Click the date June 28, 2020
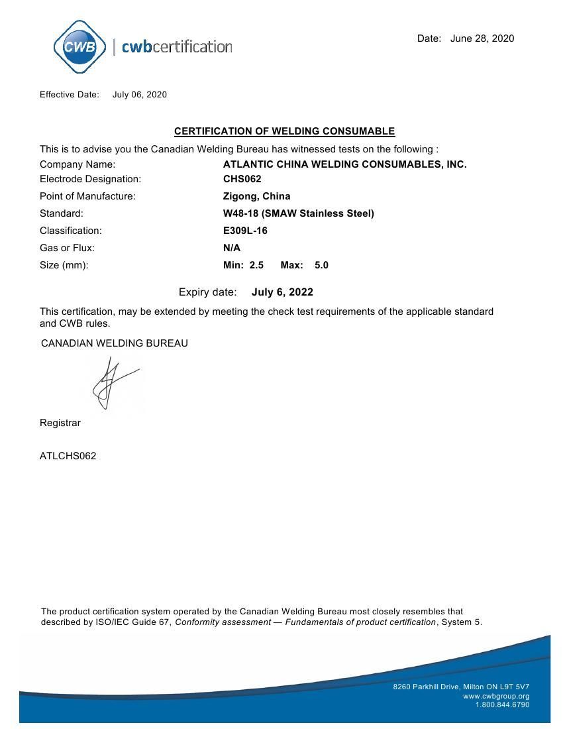[x=482, y=38]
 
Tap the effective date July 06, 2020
[x=140, y=95]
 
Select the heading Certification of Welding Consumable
[x=284, y=131]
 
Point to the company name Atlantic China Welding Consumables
[x=344, y=164]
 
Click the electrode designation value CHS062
[x=242, y=179]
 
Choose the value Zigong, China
[x=256, y=196]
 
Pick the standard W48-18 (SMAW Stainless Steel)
[x=299, y=213]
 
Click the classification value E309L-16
[x=245, y=231]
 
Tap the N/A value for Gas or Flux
[x=232, y=248]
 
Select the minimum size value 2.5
[x=256, y=265]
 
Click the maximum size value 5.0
[x=321, y=265]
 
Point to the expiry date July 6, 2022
[x=282, y=292]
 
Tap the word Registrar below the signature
[x=60, y=423]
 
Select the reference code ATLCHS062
[x=68, y=456]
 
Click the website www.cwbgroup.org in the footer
[x=496, y=696]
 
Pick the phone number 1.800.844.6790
[x=502, y=704]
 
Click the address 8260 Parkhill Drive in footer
[x=461, y=687]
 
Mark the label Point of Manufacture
[x=87, y=196]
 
